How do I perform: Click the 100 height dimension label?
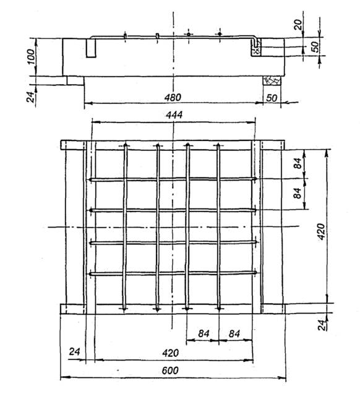pos(31,57)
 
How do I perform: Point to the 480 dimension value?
pos(173,97)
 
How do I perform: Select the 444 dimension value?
pos(174,115)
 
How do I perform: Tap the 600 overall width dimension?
pos(170,370)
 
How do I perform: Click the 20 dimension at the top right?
pos(298,25)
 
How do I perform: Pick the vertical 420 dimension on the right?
pos(322,232)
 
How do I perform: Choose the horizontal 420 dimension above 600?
pos(171,353)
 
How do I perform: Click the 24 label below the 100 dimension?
pos(30,97)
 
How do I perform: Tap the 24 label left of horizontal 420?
pos(74,351)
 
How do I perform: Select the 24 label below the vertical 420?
pos(322,325)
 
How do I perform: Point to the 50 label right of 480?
pos(272,98)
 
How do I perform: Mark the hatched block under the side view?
pos(272,80)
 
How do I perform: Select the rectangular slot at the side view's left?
pos(91,48)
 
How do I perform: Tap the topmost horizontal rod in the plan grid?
pos(173,179)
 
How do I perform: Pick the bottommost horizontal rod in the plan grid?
pos(173,273)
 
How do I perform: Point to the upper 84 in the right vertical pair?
pos(298,163)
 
